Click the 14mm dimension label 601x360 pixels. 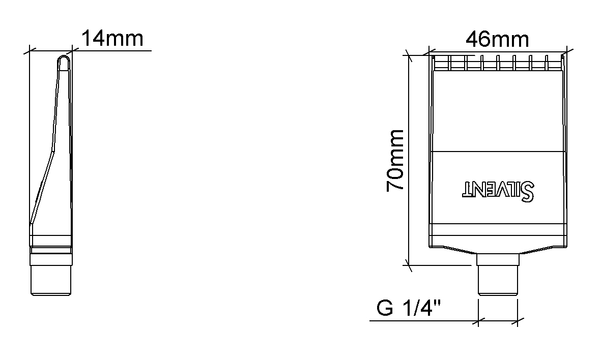click(112, 39)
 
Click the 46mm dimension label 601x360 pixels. click(497, 40)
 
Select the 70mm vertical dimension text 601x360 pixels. click(395, 161)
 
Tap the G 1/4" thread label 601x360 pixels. click(409, 308)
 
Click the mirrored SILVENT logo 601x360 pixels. click(499, 190)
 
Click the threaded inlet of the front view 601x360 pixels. click(498, 280)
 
